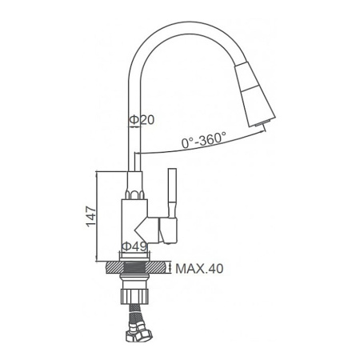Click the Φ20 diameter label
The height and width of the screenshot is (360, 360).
[142, 120]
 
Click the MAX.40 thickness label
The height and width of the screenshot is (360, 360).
[199, 270]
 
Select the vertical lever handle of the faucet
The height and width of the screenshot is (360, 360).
[171, 192]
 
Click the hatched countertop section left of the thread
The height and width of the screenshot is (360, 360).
[114, 269]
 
